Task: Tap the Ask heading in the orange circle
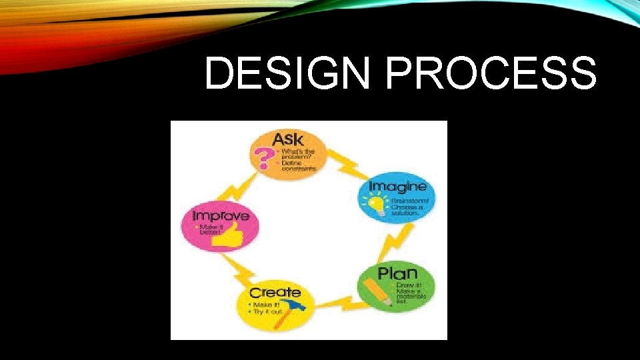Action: tap(288, 139)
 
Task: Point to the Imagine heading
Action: tap(398, 186)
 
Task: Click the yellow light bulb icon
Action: tap(377, 203)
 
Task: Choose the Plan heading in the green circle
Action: tap(397, 273)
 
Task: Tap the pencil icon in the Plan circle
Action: tap(377, 291)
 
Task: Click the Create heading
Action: tap(275, 293)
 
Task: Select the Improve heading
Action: tap(221, 215)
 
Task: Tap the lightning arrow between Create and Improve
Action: tap(240, 270)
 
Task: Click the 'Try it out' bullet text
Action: tap(267, 311)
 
